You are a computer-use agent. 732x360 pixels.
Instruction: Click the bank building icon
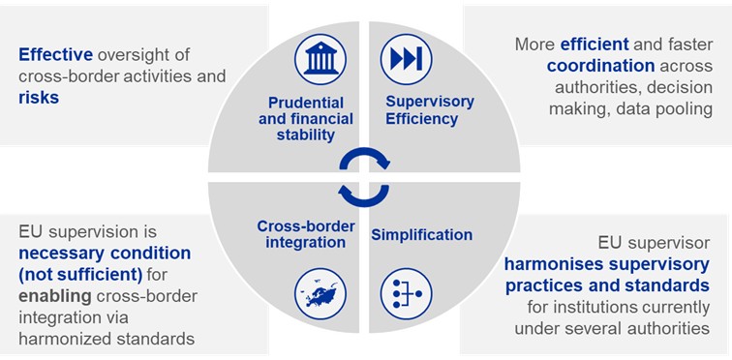point(320,59)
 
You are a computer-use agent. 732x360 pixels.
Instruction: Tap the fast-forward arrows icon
point(406,59)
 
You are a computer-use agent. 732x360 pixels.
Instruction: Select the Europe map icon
point(320,294)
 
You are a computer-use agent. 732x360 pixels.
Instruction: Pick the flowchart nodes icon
point(406,294)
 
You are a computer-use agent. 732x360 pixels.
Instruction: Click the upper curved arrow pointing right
point(364,152)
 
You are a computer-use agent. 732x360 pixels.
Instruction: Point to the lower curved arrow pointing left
point(364,201)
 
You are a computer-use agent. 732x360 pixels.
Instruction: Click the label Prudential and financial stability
point(306,119)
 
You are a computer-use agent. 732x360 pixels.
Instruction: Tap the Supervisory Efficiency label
point(421,110)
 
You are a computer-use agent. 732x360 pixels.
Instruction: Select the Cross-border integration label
point(306,234)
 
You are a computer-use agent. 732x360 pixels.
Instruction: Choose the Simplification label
point(421,234)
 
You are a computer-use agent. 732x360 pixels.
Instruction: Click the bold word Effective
point(55,54)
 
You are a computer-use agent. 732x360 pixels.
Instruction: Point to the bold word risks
point(39,98)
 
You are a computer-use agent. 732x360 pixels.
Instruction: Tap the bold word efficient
point(595,45)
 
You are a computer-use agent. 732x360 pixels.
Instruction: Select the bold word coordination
point(601,66)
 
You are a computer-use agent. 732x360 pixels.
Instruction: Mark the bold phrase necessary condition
point(105,254)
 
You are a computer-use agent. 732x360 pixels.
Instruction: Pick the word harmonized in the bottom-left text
point(63,339)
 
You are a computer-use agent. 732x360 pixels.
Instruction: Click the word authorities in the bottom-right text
point(670,328)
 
